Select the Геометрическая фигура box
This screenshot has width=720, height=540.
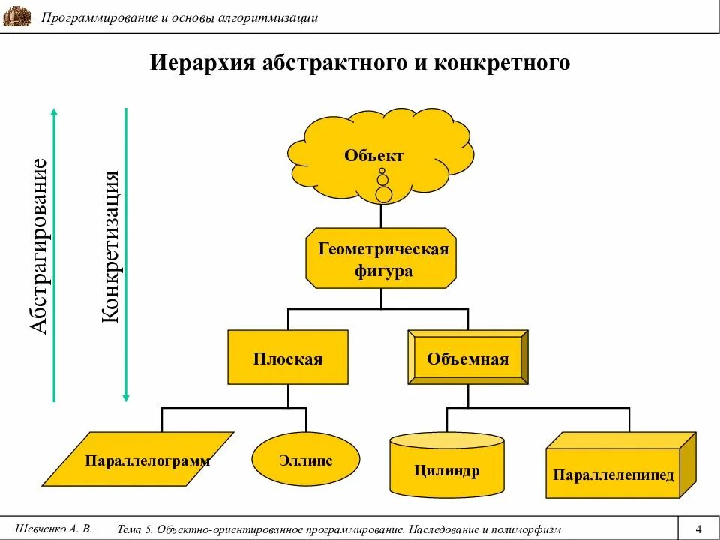tap(381, 258)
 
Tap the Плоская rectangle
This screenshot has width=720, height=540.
tap(287, 358)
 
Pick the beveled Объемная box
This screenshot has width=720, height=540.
tap(467, 358)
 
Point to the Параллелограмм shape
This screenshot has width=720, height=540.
tap(147, 460)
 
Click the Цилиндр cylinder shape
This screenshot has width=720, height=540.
tap(447, 469)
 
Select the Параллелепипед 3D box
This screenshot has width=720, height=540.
tap(613, 474)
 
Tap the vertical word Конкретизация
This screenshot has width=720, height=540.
tap(111, 247)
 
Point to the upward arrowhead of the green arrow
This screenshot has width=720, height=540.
tap(54, 112)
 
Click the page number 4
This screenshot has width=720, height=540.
tap(698, 528)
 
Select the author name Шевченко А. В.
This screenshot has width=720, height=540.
tap(53, 528)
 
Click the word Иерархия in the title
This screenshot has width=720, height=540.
tap(203, 63)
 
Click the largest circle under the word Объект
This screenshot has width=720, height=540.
tap(383, 195)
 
